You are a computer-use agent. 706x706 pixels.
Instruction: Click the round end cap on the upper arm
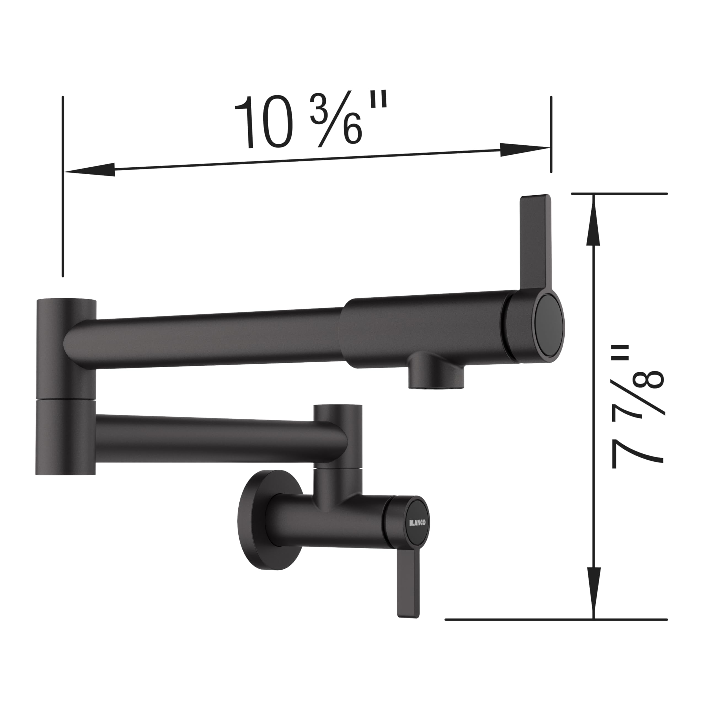click(550, 325)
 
